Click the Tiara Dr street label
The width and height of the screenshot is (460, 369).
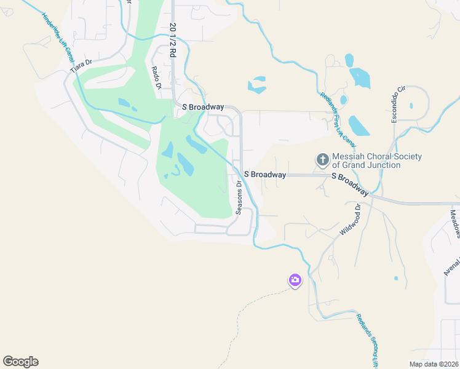[x=81, y=66]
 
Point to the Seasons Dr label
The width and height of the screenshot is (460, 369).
[x=239, y=197]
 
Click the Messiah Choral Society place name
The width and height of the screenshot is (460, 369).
[x=377, y=161]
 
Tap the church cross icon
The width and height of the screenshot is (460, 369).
[x=322, y=161]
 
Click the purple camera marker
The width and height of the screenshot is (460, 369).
[x=295, y=280]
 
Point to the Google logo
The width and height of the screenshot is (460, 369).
[x=20, y=361]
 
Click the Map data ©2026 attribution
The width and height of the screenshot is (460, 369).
[x=434, y=364]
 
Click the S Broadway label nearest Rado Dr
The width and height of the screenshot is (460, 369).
[x=203, y=107]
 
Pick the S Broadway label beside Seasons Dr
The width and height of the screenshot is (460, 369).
[x=265, y=175]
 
